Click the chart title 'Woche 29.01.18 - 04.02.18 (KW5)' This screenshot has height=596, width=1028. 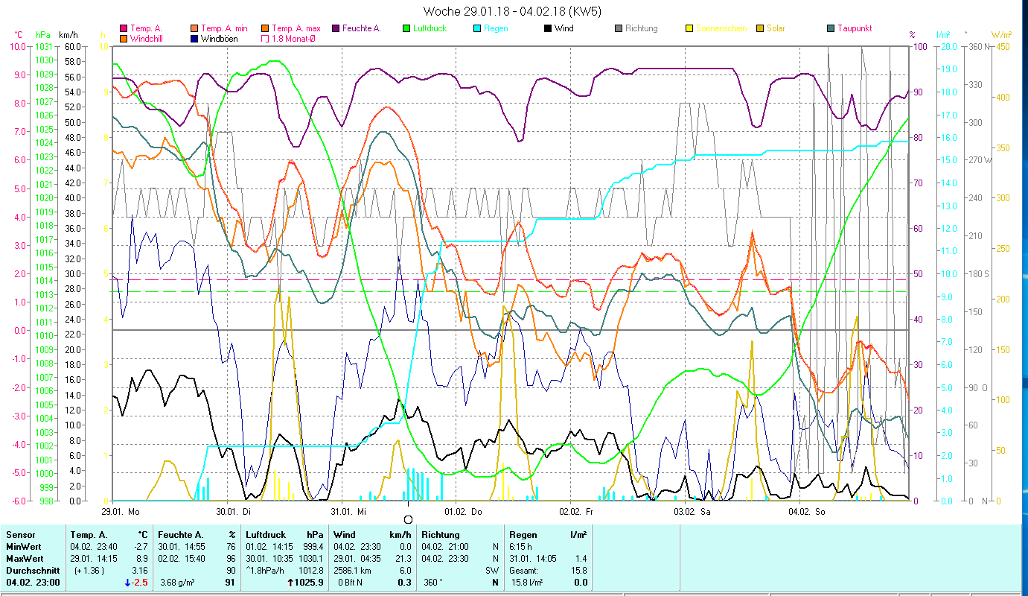pyautogui.click(x=512, y=11)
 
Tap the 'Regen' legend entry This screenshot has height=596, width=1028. pyautogui.click(x=496, y=28)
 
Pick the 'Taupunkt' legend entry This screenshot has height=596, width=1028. pyautogui.click(x=854, y=28)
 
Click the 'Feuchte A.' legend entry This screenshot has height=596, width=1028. pyautogui.click(x=361, y=28)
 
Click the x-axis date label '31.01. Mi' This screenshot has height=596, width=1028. pyautogui.click(x=348, y=512)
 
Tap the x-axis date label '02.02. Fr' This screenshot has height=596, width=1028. pyautogui.click(x=577, y=512)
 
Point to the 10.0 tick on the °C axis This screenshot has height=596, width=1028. pyautogui.click(x=17, y=46)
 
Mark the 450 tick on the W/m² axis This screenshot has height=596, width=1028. pyautogui.click(x=1003, y=46)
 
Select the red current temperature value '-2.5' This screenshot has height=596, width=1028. pyautogui.click(x=140, y=582)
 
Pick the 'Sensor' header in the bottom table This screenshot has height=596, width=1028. pyautogui.click(x=20, y=534)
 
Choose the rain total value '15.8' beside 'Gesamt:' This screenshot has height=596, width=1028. pyautogui.click(x=579, y=570)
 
